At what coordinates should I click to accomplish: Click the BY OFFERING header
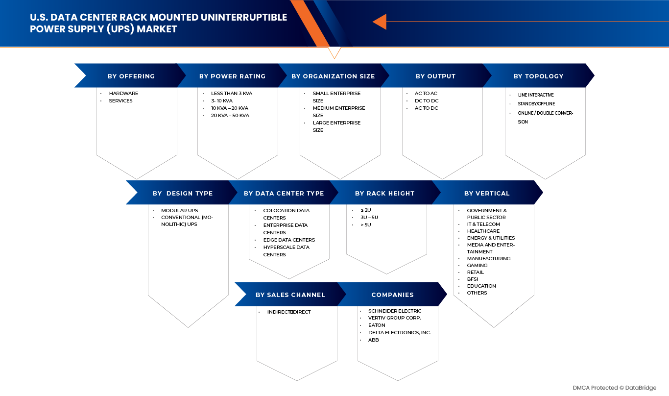coord(131,76)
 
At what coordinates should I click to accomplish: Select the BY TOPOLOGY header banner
coord(539,75)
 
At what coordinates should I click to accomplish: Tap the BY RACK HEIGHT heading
coord(384,194)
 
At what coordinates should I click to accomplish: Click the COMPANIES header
coord(392,295)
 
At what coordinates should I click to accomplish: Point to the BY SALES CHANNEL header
coord(290,295)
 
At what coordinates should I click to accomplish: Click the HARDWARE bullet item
coord(123,93)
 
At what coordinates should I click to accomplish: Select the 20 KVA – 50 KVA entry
coord(230,115)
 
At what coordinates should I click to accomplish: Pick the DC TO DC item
coord(427,101)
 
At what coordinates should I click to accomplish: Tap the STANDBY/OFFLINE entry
coord(536,104)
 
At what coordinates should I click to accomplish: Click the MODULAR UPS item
coord(180,210)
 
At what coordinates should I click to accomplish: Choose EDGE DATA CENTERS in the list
coord(289,240)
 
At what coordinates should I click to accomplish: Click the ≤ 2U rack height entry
coord(366,210)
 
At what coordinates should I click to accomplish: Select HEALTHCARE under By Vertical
coord(483,231)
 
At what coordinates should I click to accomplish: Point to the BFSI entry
coord(473,279)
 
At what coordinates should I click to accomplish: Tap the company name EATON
coord(377,325)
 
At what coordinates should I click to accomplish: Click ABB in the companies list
coord(373,340)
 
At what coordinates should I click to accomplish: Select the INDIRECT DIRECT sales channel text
coord(289,312)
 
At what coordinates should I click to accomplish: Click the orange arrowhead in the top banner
coord(380,22)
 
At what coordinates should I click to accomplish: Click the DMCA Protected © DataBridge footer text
coord(615,388)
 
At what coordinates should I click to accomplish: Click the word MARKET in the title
coord(157,29)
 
